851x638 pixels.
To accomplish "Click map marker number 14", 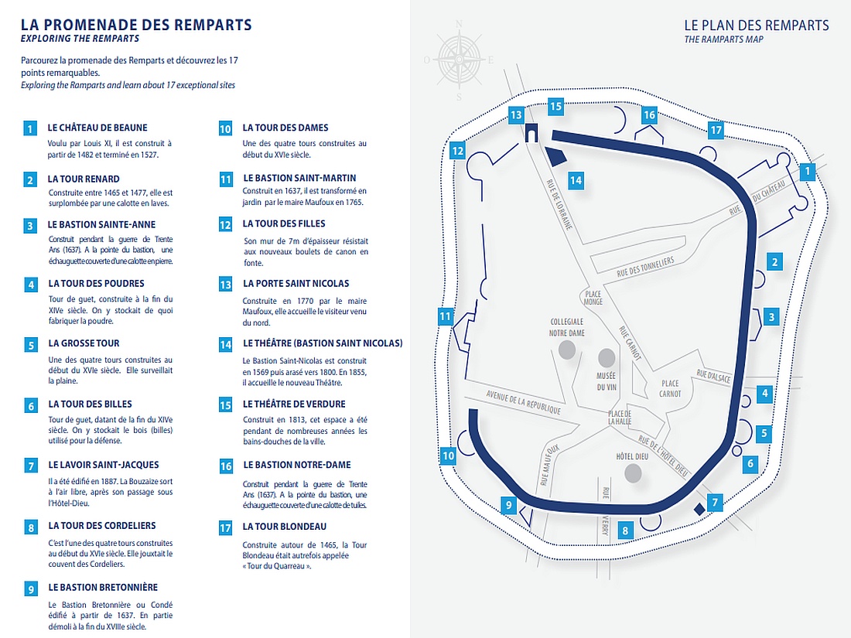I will tap(575, 180).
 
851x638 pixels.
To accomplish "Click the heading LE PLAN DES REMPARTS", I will tap(756, 26).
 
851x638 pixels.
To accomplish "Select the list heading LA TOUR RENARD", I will tap(84, 179).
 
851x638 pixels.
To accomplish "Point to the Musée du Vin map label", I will tap(606, 381).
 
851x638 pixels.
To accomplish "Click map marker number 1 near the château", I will tap(808, 171).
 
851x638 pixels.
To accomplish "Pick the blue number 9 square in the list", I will tap(31, 589).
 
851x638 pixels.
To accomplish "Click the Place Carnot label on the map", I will tap(671, 389).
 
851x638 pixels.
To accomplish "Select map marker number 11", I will tap(444, 316).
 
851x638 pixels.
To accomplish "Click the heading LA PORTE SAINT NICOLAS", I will tap(296, 284).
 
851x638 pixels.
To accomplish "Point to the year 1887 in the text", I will tap(105, 480).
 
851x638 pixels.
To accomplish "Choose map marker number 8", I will tap(625, 531).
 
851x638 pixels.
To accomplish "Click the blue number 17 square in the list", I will tap(225, 529).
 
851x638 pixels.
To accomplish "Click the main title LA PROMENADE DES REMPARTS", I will tap(136, 25).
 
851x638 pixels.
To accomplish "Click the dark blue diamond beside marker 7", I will tap(699, 509).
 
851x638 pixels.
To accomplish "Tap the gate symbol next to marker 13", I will tap(531, 134).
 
